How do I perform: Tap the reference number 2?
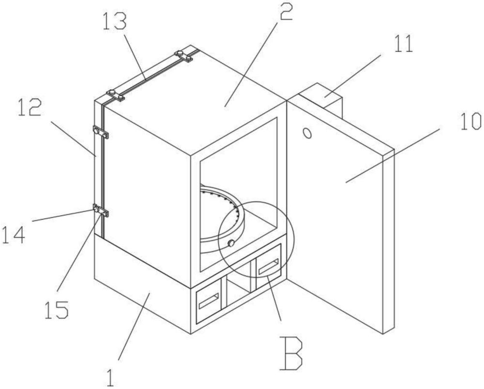286,11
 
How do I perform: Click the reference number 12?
30,107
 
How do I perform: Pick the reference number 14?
13,235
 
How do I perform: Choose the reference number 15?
57,310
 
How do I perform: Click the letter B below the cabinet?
290,353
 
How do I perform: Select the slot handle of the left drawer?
209,301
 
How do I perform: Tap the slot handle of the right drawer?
269,266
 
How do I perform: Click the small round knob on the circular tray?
230,243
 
